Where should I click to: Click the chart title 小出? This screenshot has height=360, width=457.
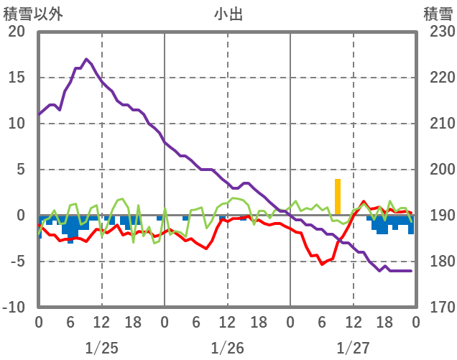pyautogui.click(x=228, y=13)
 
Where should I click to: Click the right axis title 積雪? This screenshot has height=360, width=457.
pyautogui.click(x=437, y=13)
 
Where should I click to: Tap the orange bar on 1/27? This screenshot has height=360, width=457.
pyautogui.click(x=338, y=196)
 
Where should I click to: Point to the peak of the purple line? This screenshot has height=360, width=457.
pyautogui.click(x=86, y=59)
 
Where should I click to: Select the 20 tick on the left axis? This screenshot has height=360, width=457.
pyautogui.click(x=17, y=32)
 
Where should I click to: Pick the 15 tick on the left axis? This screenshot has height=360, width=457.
pyautogui.click(x=17, y=78)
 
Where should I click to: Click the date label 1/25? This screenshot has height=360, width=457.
pyautogui.click(x=101, y=348)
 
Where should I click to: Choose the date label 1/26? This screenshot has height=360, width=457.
pyautogui.click(x=227, y=348)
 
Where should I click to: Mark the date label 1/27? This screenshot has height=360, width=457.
pyautogui.click(x=353, y=348)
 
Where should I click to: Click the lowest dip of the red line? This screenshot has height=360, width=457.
pyautogui.click(x=322, y=264)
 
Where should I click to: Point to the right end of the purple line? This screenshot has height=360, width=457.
pyautogui.click(x=410, y=271)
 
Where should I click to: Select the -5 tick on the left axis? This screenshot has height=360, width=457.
pyautogui.click(x=17, y=262)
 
